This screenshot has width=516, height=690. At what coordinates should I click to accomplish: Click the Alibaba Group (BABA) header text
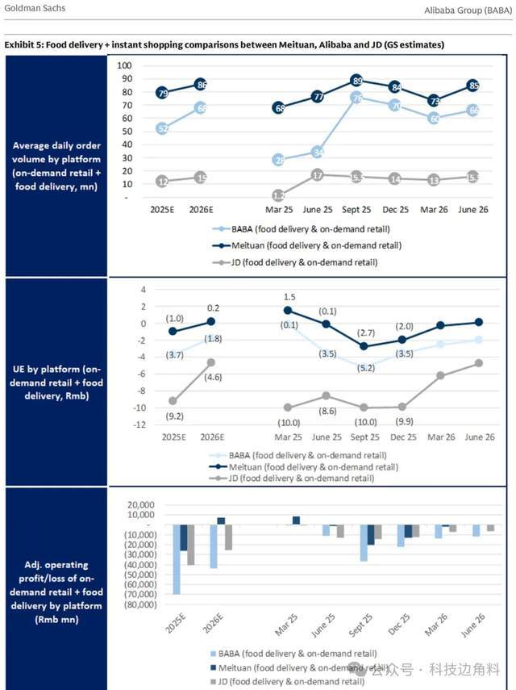click(467, 10)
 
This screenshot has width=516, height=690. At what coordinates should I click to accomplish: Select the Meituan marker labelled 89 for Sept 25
click(356, 81)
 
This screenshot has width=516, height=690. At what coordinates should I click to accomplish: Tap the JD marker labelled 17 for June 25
click(318, 175)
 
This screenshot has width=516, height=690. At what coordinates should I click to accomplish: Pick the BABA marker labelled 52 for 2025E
click(163, 128)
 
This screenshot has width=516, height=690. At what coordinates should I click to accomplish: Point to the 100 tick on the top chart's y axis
click(125, 65)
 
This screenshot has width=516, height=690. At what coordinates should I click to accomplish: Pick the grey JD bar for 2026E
click(228, 537)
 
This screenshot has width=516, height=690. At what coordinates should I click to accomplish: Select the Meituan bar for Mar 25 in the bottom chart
click(296, 521)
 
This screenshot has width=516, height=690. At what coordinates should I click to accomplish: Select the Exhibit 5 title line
click(224, 44)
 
